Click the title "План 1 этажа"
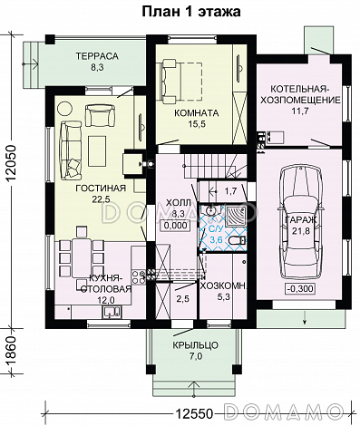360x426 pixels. click(191, 11)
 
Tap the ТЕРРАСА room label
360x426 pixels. click(97, 56)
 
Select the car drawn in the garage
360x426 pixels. click(300, 223)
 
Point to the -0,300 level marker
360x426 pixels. click(300, 288)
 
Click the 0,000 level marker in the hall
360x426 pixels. click(176, 226)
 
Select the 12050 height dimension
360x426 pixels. click(11, 163)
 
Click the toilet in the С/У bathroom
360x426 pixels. click(237, 241)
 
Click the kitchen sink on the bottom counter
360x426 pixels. click(112, 312)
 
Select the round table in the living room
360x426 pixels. click(64, 109)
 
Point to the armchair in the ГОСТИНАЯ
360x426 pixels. click(100, 115)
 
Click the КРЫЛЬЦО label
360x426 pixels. click(196, 345)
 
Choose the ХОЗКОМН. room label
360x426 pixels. click(224, 286)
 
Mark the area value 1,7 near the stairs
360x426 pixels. click(230, 191)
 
